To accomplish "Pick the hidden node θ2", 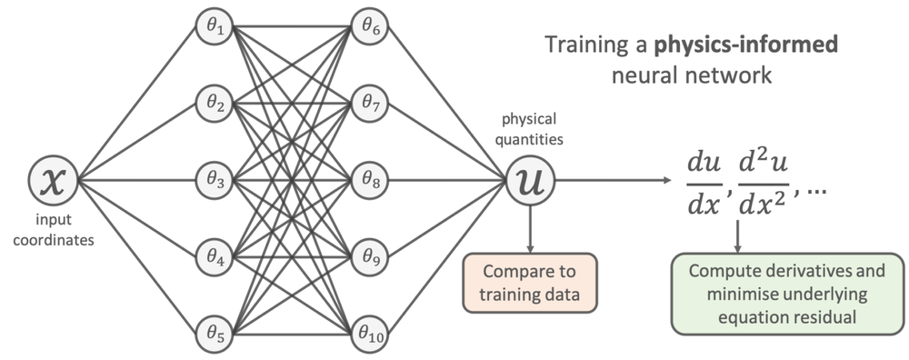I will (215, 103).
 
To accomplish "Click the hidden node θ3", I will (215, 179).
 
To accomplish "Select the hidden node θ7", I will (370, 103).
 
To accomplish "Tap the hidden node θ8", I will (370, 179).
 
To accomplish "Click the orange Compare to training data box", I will (528, 282).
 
